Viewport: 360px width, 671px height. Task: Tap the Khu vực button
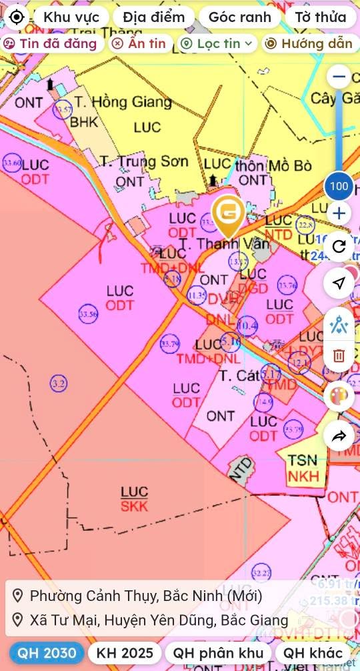tap(71, 17)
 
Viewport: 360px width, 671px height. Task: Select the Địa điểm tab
tap(153, 17)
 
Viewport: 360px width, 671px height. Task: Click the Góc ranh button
tap(239, 17)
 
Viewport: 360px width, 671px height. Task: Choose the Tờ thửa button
tap(321, 17)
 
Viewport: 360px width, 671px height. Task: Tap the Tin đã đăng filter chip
tap(51, 44)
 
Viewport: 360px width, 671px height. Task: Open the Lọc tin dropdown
tap(217, 44)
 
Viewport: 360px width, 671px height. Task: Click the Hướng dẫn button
tap(309, 44)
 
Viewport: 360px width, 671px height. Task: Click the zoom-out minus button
tap(339, 77)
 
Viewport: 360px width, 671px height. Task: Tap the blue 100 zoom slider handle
tap(339, 185)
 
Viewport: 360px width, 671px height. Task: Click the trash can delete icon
tap(339, 356)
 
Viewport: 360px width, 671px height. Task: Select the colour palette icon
tap(339, 396)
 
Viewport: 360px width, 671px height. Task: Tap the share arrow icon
tap(339, 436)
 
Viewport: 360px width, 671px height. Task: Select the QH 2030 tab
tap(47, 653)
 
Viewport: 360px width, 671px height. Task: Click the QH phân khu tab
tap(218, 653)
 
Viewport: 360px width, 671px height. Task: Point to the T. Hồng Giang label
tap(123, 102)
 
